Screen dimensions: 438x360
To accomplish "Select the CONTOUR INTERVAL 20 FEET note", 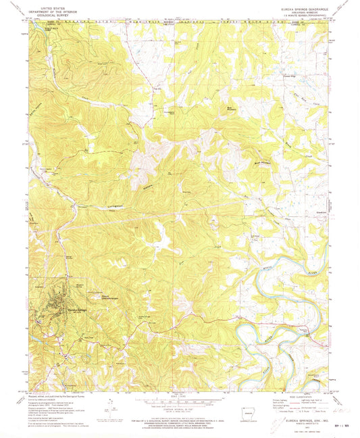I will (180, 410).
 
